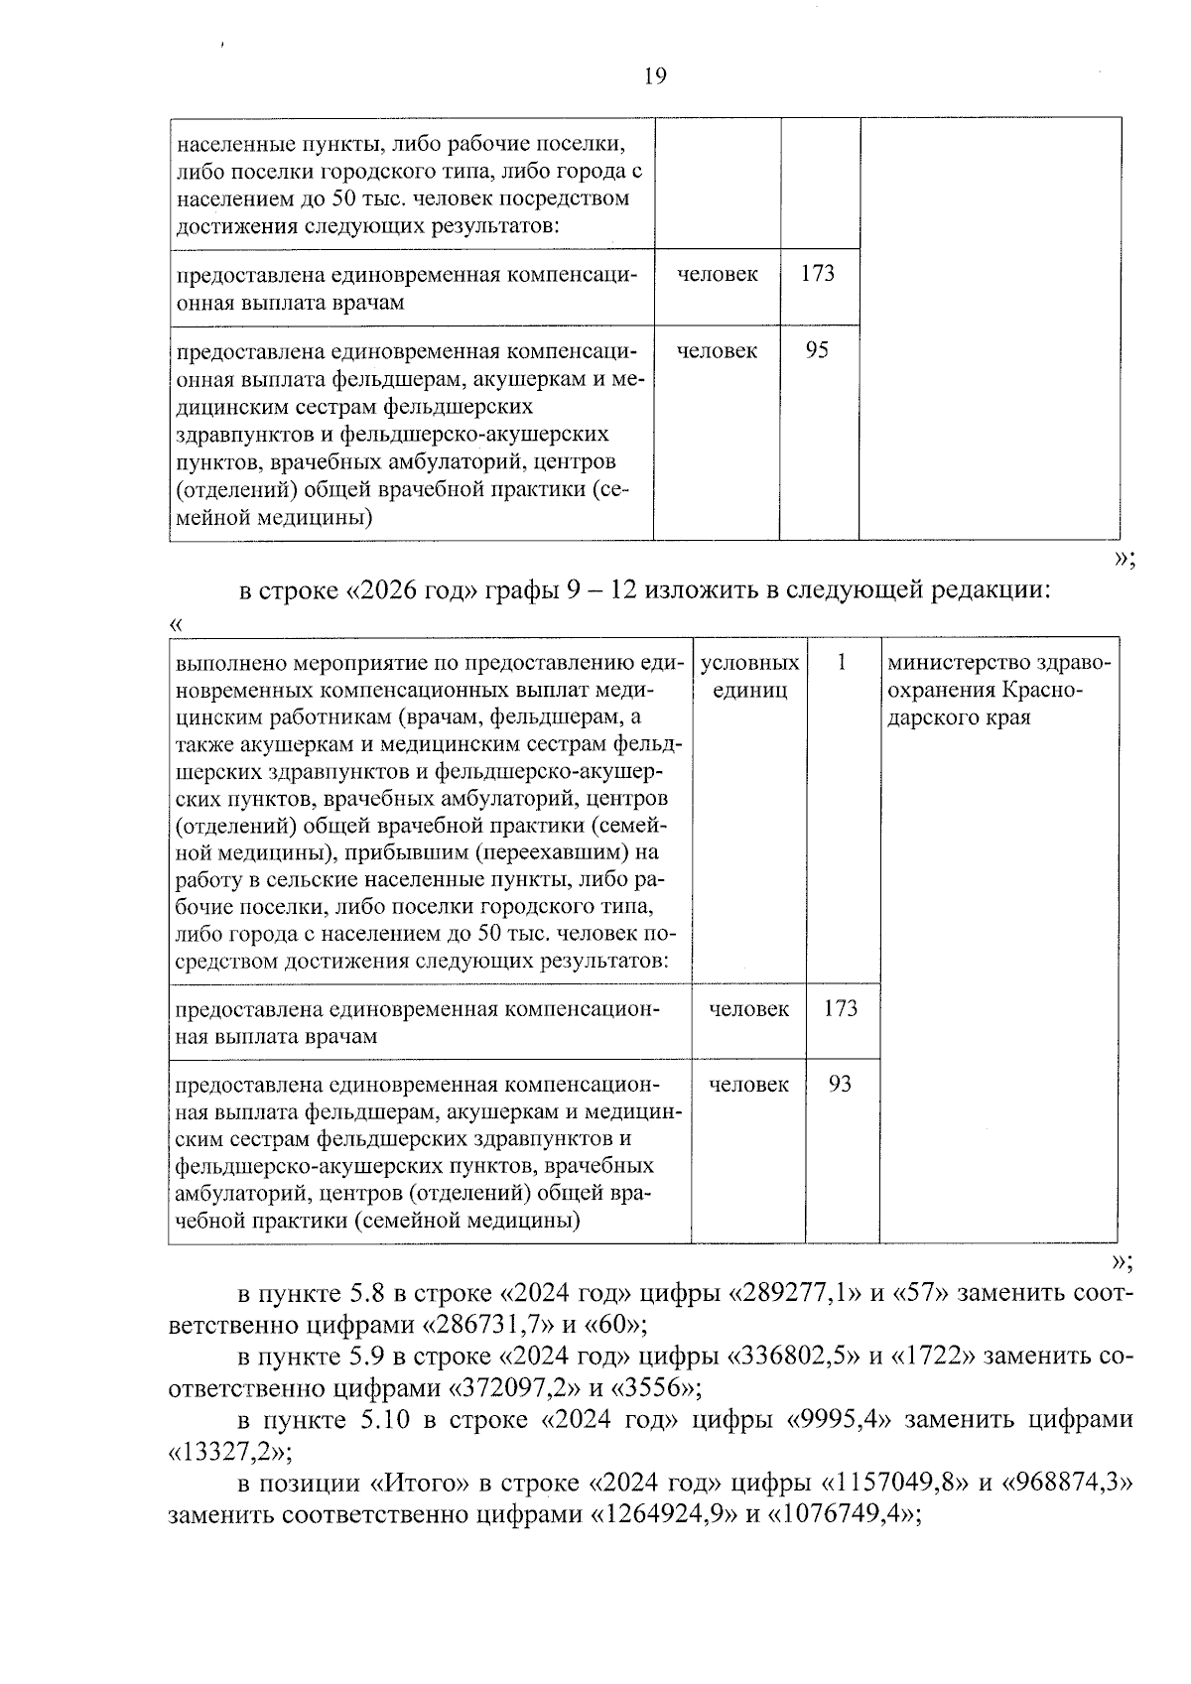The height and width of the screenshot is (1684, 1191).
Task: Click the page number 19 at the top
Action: (x=655, y=76)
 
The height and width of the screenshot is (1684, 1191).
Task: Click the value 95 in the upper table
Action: (x=817, y=350)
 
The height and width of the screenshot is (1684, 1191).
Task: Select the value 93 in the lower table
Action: (x=840, y=1084)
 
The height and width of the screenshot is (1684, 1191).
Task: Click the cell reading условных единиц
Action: (x=749, y=676)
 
